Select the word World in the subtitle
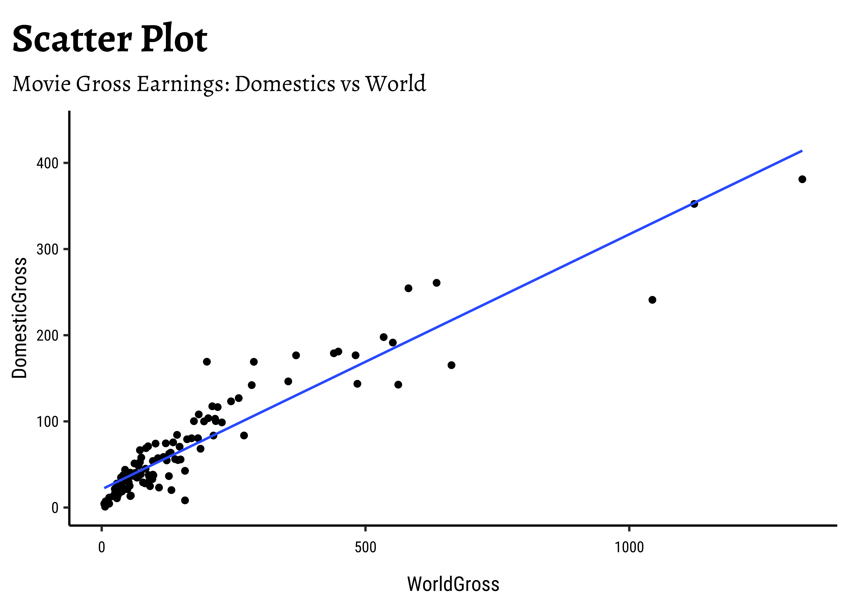[x=395, y=84]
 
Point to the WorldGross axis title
[x=453, y=584]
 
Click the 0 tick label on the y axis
[x=55, y=508]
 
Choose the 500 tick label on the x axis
[x=365, y=548]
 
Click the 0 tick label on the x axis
[x=101, y=548]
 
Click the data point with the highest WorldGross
[x=802, y=179]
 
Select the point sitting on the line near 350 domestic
[x=694, y=204]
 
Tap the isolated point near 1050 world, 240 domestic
[x=652, y=300]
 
